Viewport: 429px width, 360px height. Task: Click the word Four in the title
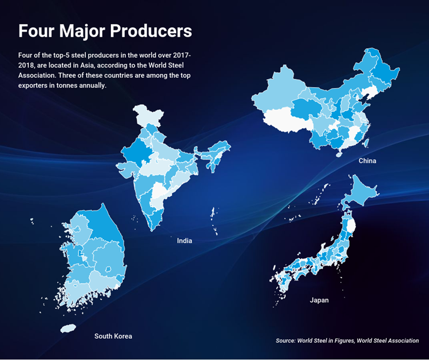[x=35, y=31]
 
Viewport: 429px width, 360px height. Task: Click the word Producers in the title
[x=151, y=31]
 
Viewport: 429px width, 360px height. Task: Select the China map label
[x=367, y=161]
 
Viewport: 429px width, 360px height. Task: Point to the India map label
[x=184, y=240]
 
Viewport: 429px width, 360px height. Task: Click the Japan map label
[x=319, y=300]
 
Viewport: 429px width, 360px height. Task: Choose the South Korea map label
[x=113, y=336]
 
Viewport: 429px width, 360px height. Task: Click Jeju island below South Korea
[x=68, y=328]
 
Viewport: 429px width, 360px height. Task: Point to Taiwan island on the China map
[x=366, y=143]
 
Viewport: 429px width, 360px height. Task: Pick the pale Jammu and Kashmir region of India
[x=147, y=115]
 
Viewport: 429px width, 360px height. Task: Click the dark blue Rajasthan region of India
[x=135, y=153]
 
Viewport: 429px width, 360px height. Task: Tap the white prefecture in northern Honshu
[x=351, y=226]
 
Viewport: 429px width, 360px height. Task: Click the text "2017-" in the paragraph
[x=181, y=56]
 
